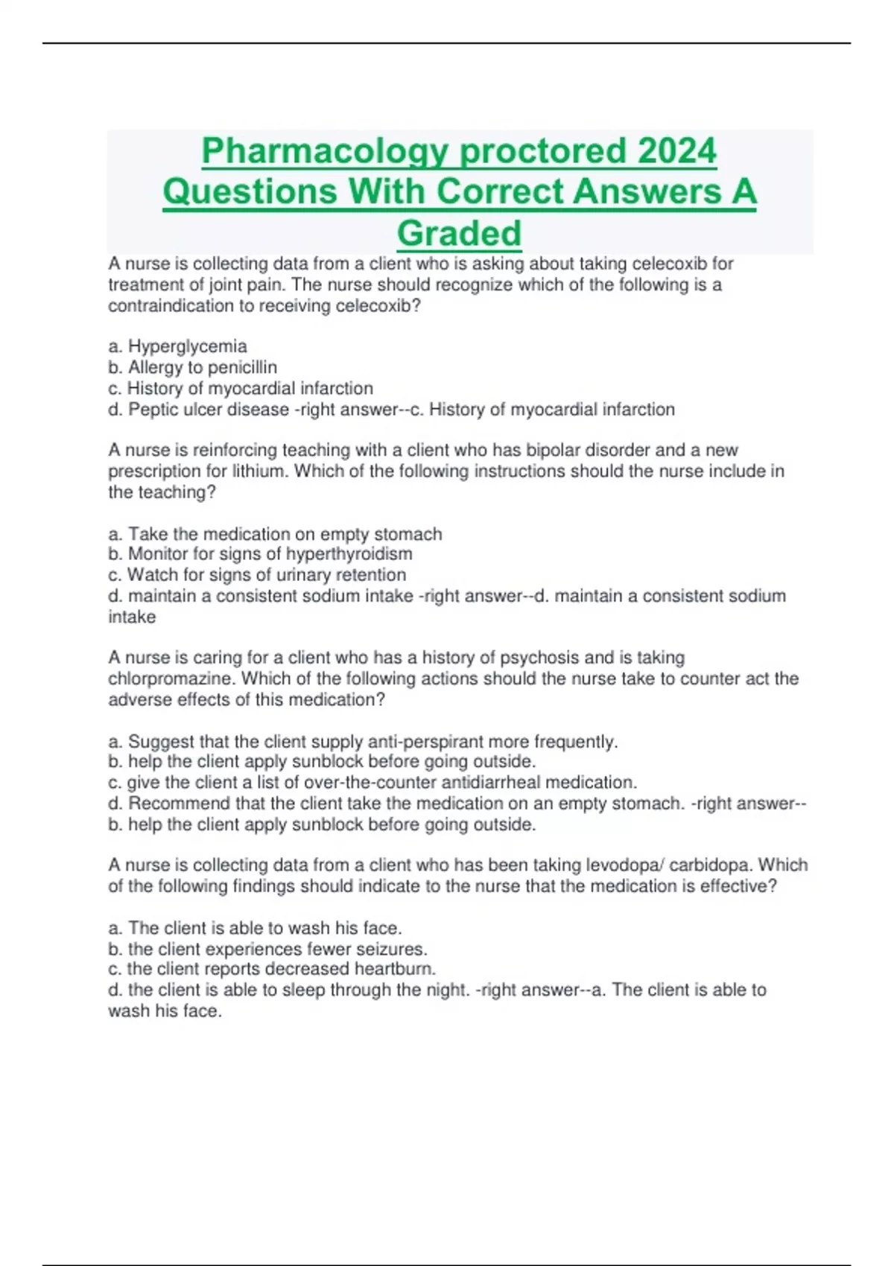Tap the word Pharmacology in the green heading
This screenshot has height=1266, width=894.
click(326, 151)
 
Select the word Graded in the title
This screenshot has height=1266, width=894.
click(459, 233)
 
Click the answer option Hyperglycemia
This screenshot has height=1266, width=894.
click(187, 346)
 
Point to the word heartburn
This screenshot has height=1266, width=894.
click(394, 969)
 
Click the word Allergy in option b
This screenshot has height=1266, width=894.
click(152, 367)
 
